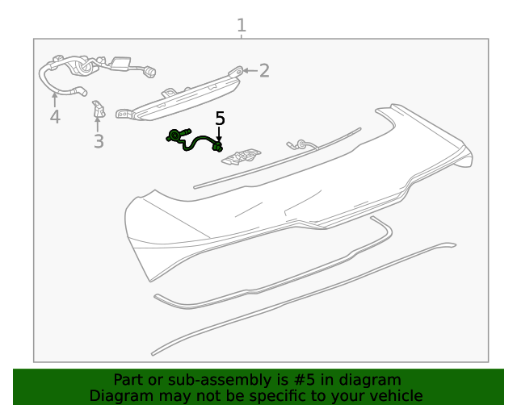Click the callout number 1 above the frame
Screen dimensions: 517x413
242,25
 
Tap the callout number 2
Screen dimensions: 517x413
264,70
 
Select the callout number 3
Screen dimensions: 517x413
99,141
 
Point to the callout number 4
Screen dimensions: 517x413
55,117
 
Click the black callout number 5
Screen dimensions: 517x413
220,119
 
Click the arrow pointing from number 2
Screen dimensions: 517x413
250,70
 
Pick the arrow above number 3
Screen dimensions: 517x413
97,124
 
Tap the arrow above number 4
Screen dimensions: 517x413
55,100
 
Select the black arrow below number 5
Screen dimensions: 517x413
219,135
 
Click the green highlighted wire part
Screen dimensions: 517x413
195,140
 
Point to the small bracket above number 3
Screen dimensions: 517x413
99,109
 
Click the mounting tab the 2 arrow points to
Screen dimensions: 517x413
236,71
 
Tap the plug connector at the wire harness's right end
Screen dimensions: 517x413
150,72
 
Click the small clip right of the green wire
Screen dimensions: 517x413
242,156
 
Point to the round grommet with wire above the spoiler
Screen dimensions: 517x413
301,144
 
